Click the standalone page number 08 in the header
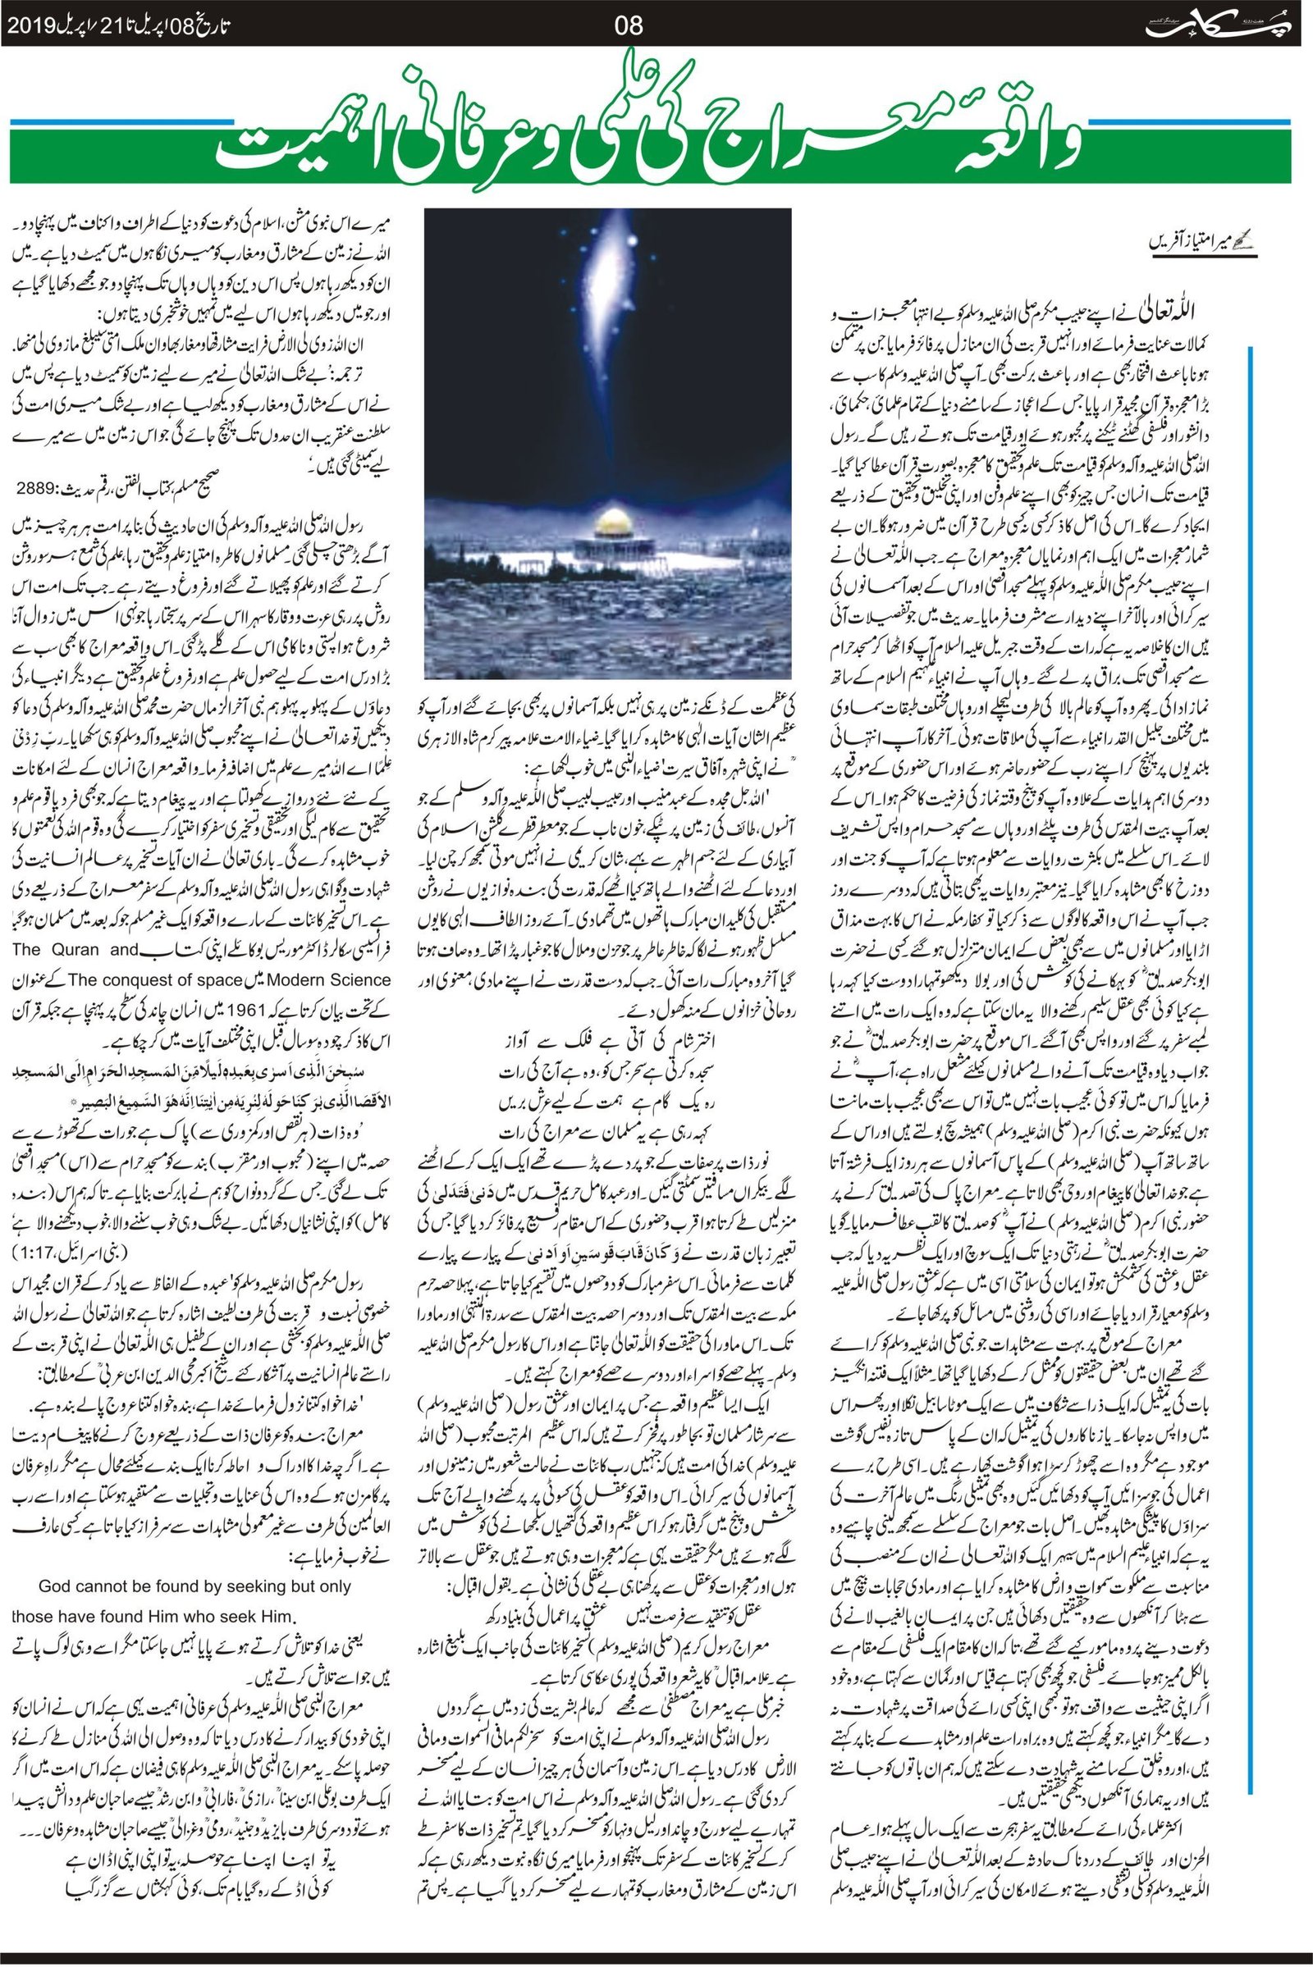pyautogui.click(x=629, y=25)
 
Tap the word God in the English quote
pyautogui.click(x=56, y=1587)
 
